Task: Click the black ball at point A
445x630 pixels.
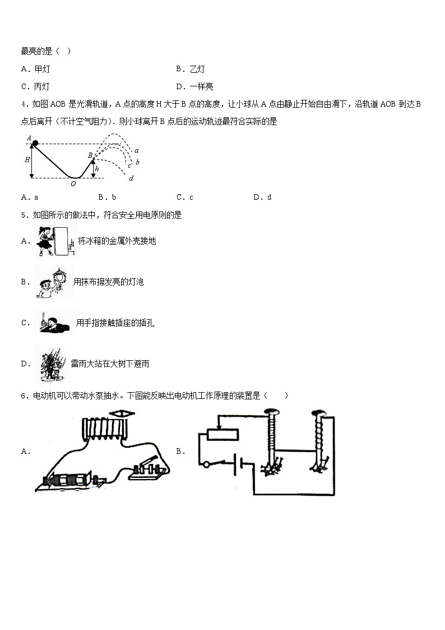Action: click(35, 143)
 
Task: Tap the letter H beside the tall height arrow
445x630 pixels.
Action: click(26, 160)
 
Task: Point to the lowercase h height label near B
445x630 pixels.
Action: click(97, 168)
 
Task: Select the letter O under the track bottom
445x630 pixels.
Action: click(73, 183)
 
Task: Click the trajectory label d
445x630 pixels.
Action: click(131, 178)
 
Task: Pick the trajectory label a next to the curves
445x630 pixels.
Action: click(136, 150)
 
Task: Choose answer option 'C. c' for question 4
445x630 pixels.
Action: click(184, 197)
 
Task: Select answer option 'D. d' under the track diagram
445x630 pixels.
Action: click(262, 197)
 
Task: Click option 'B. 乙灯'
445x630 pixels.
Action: click(190, 69)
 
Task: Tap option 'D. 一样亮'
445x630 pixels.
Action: click(194, 86)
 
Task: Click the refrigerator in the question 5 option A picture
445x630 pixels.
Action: click(64, 238)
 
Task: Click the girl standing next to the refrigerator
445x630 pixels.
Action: click(45, 241)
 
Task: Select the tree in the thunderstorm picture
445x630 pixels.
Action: click(53, 362)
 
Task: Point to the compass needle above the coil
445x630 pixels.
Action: click(121, 413)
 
